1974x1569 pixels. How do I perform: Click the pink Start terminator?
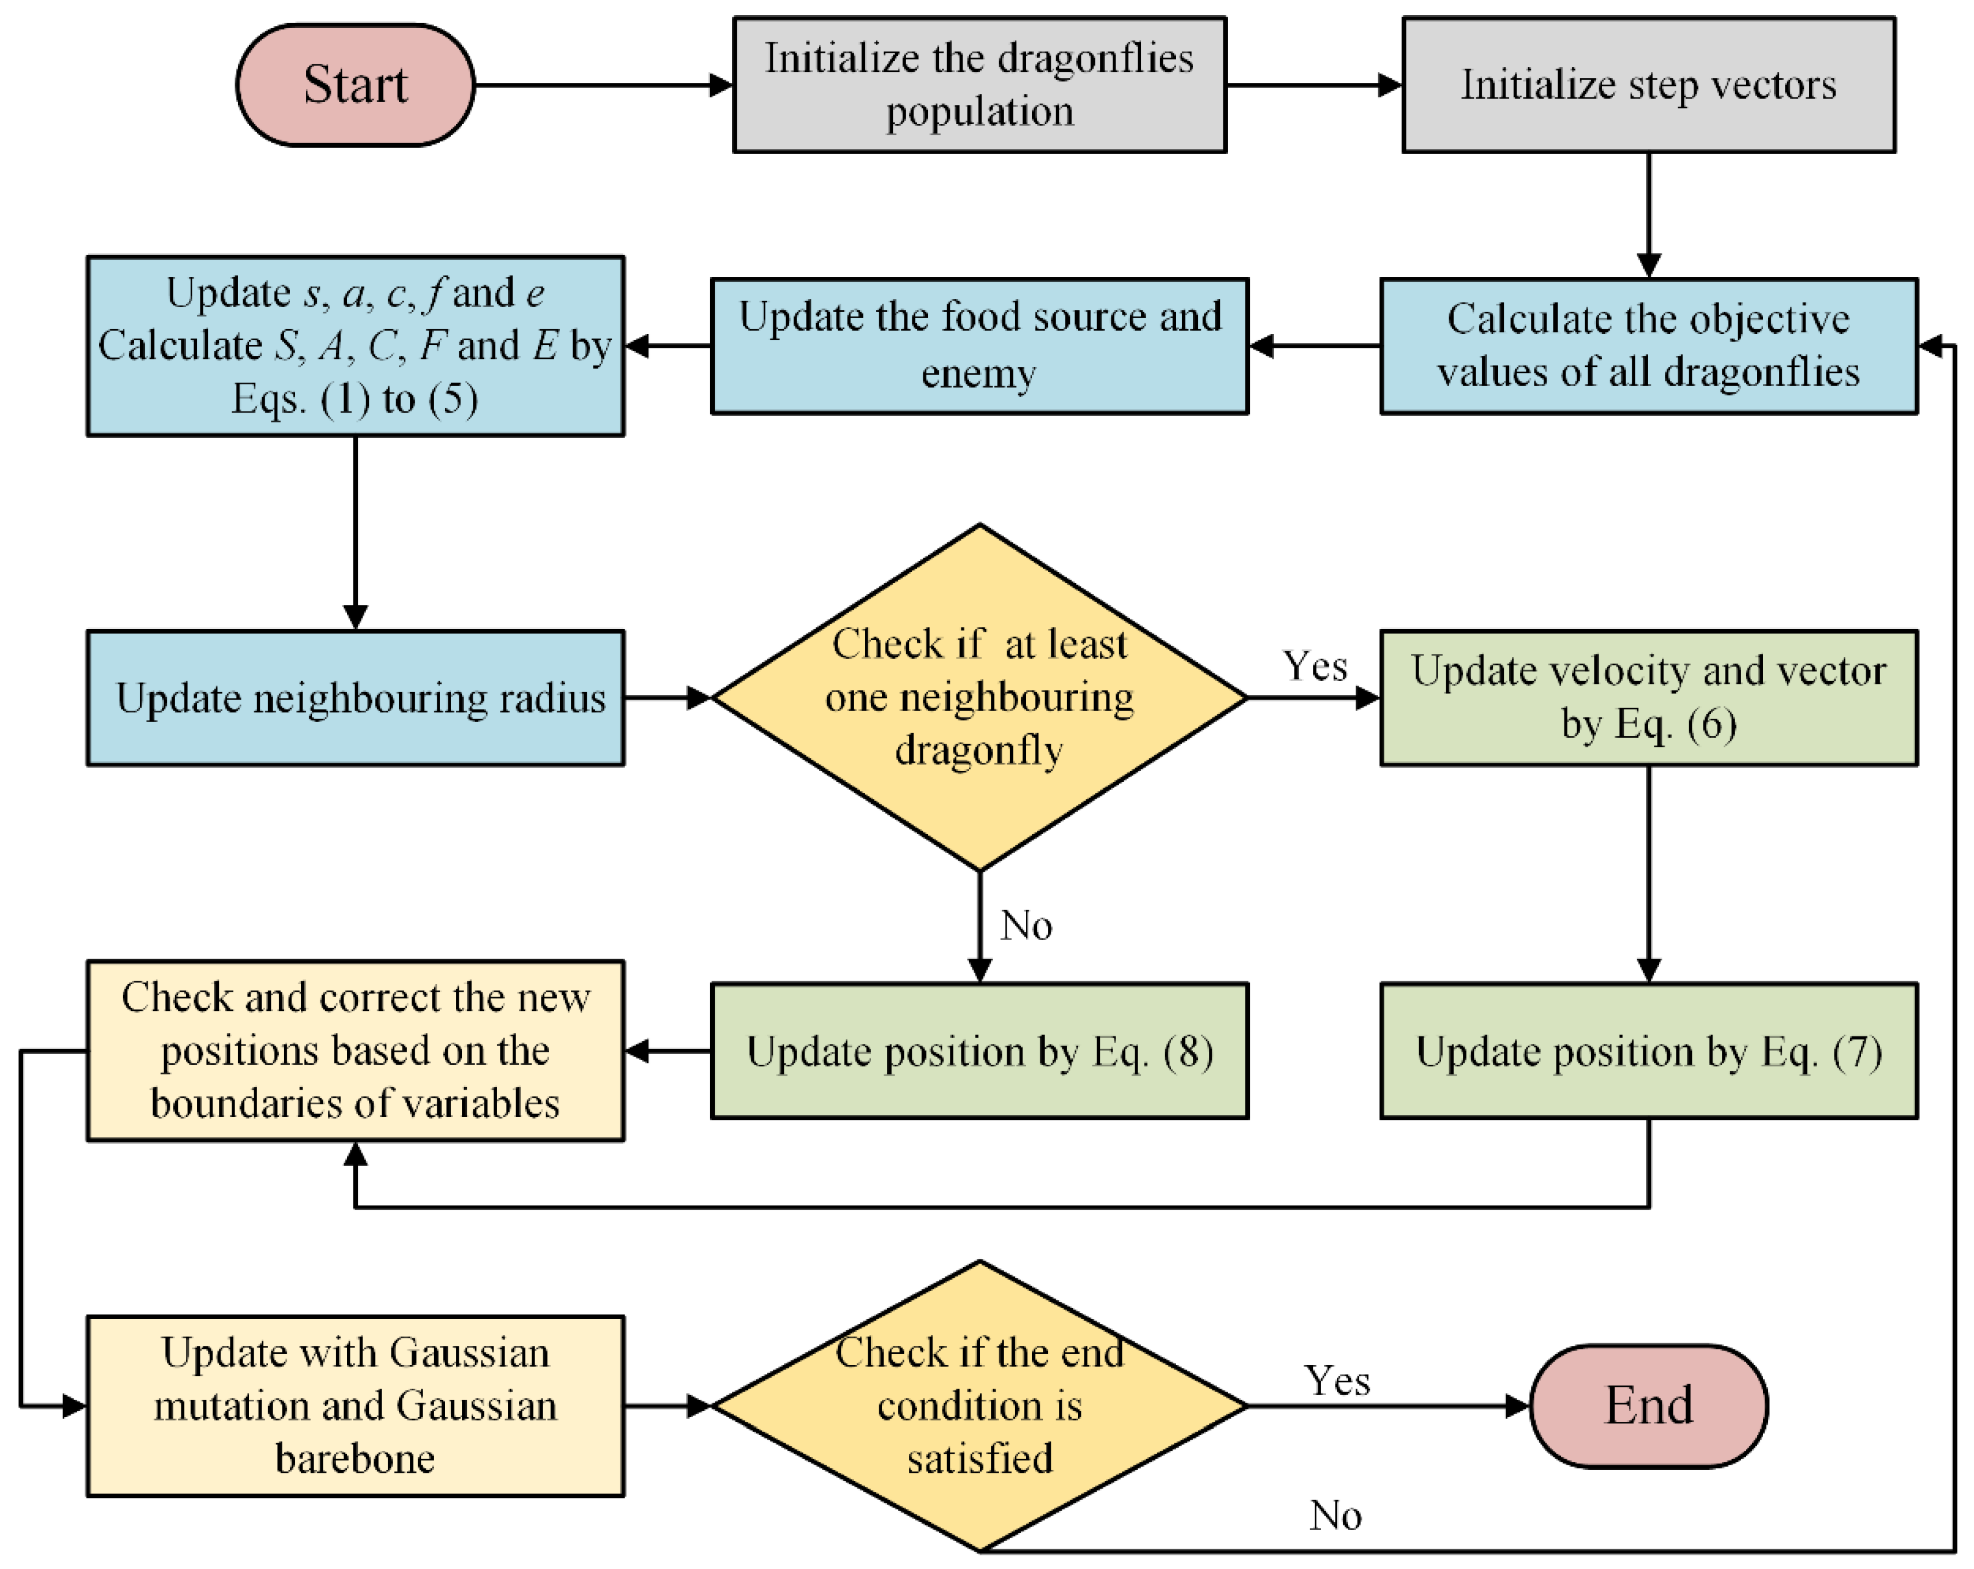coord(355,85)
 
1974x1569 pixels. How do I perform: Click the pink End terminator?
coord(1648,1406)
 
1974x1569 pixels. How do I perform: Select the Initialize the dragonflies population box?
coord(979,84)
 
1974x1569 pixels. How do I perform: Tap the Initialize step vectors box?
coord(1648,84)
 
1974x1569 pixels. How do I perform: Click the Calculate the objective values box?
coord(1648,346)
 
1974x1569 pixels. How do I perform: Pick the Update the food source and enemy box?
coord(979,346)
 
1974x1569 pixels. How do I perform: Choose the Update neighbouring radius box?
coord(355,698)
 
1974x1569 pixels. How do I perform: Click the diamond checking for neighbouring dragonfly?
coord(979,698)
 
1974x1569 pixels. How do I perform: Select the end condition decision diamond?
coord(979,1406)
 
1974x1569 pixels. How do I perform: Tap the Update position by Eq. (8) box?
coord(979,1051)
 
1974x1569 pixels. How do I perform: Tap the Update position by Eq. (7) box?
coord(1648,1051)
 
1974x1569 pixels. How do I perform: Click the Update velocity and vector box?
coord(1648,698)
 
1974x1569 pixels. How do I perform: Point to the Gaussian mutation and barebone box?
coord(355,1406)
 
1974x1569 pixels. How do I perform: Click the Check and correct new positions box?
coord(355,1051)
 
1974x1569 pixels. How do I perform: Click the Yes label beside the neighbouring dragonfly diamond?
coord(1315,667)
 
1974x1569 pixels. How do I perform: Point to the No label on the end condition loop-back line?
coord(1335,1516)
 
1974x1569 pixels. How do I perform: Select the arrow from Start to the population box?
coord(604,85)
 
